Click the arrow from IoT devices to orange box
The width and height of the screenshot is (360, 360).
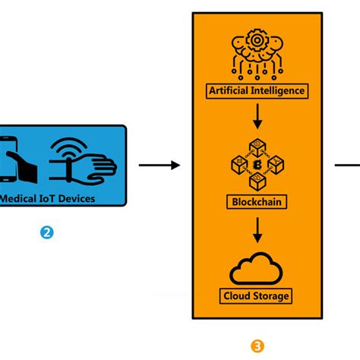pyautogui.click(x=159, y=165)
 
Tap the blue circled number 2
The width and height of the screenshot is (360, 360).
pyautogui.click(x=47, y=233)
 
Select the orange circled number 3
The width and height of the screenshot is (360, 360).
pyautogui.click(x=257, y=346)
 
